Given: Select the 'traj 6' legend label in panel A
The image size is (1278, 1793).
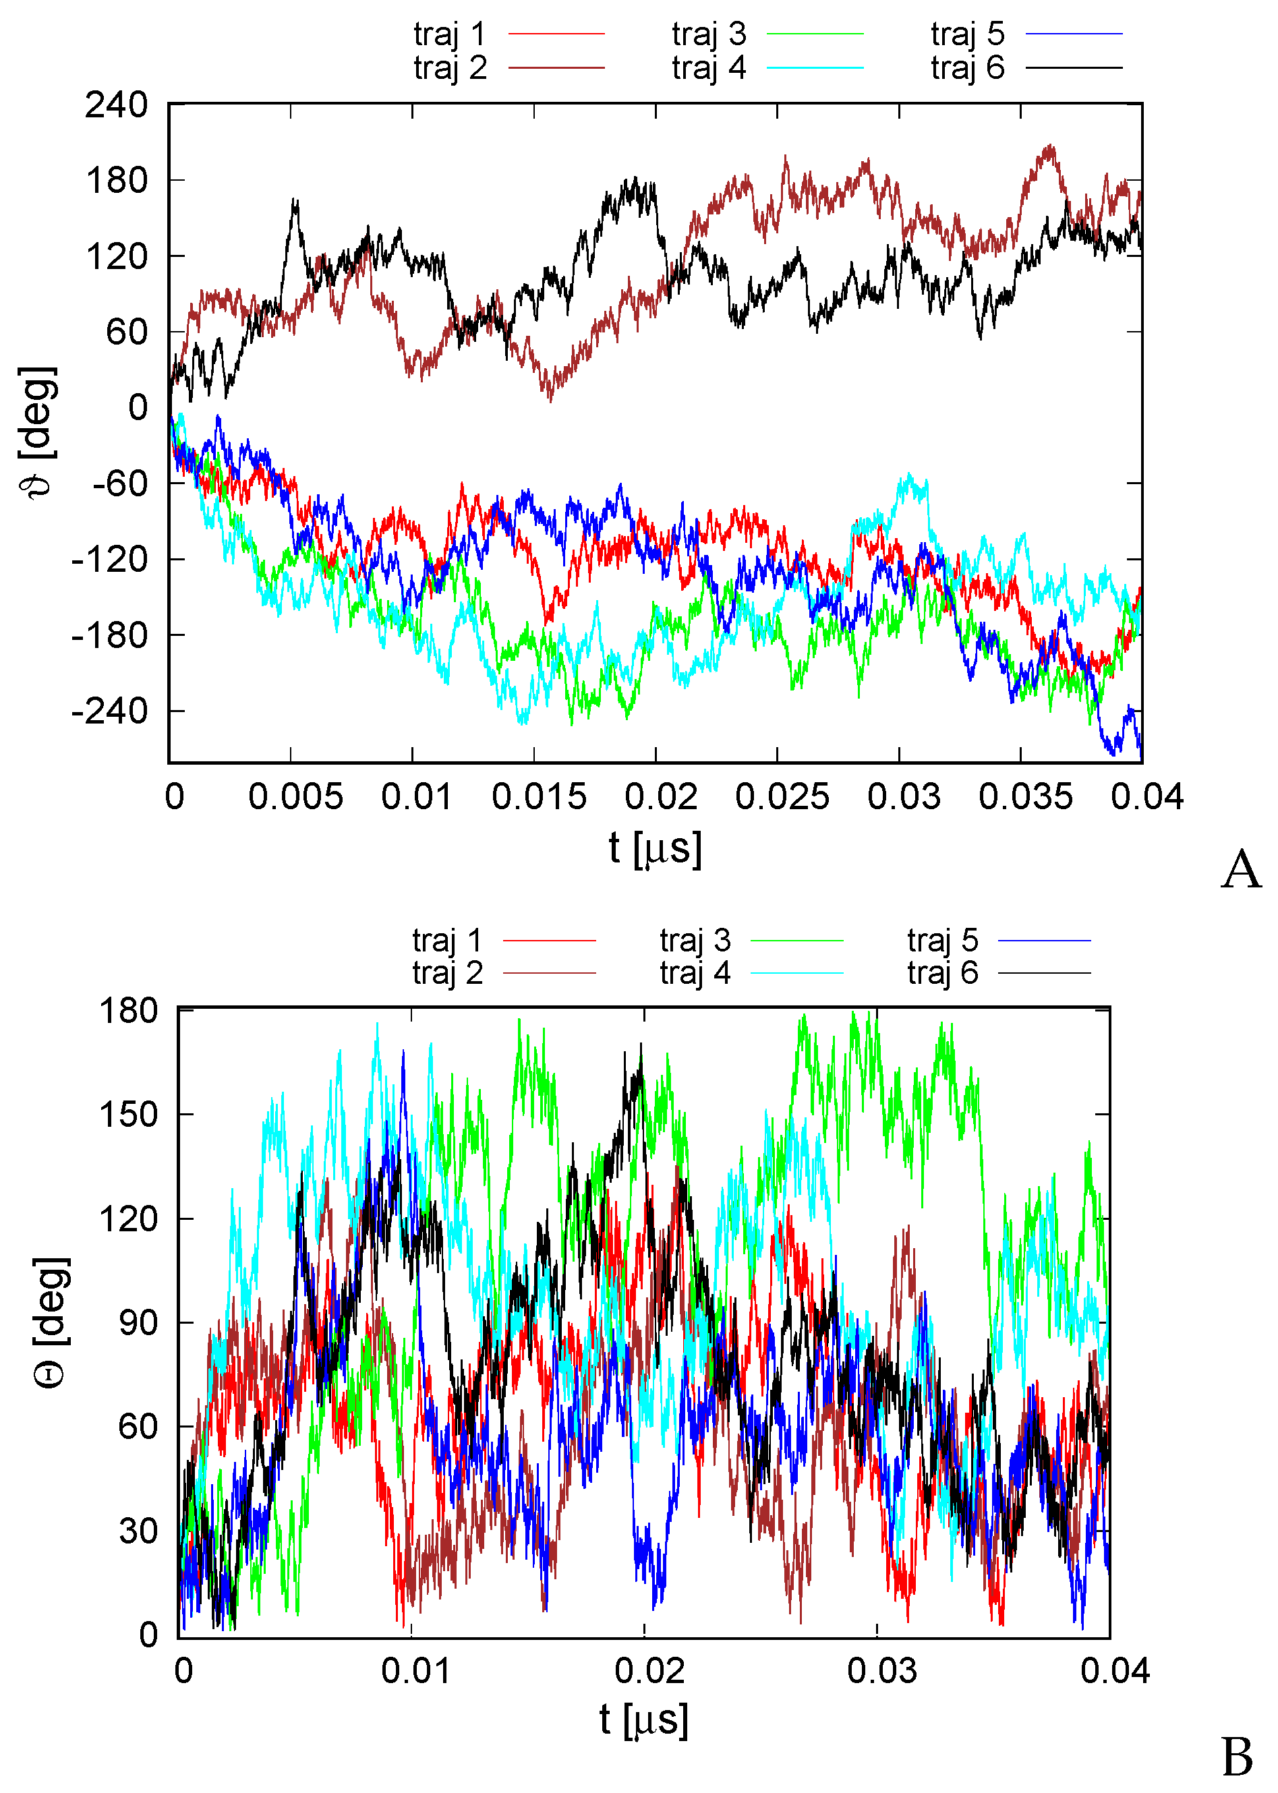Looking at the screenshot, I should pyautogui.click(x=967, y=69).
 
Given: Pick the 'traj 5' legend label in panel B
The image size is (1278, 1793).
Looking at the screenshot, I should pyautogui.click(x=942, y=940).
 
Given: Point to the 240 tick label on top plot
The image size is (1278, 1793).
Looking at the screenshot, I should pyautogui.click(x=117, y=105).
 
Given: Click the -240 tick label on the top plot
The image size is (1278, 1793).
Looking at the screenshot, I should pyautogui.click(x=110, y=711).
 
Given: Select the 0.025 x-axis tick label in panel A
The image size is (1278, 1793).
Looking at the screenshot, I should pyautogui.click(x=782, y=797).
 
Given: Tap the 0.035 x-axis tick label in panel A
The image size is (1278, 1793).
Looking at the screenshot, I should pyautogui.click(x=1024, y=797).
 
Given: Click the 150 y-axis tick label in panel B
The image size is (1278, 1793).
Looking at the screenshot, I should pyautogui.click(x=128, y=1115).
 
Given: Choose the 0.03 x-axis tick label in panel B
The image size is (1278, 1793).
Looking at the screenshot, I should pyautogui.click(x=881, y=1671).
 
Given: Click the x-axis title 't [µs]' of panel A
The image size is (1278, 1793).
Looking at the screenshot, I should pyautogui.click(x=655, y=849).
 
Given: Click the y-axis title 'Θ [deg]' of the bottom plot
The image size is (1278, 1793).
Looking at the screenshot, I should pyautogui.click(x=52, y=1323).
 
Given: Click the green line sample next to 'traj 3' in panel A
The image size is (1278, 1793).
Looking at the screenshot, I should pyautogui.click(x=815, y=34).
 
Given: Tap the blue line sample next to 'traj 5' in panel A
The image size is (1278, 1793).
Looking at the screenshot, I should pyautogui.click(x=1074, y=34).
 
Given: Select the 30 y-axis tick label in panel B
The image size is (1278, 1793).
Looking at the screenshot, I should pyautogui.click(x=138, y=1532).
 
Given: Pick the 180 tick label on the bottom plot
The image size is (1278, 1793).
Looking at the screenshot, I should pyautogui.click(x=128, y=1011).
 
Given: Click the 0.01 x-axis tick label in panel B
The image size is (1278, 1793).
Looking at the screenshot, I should pyautogui.click(x=415, y=1671).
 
